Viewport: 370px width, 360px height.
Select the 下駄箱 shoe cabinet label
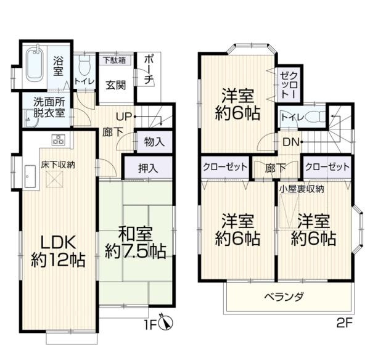[x=115, y=60]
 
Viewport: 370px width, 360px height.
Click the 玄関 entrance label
[x=116, y=85]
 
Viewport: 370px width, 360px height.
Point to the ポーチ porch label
[x=149, y=70]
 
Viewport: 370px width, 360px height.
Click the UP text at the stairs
[x=124, y=117]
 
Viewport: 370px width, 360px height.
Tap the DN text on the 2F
[x=290, y=142]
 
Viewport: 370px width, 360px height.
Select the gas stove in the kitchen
[x=59, y=139]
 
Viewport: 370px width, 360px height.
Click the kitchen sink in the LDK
[x=30, y=176]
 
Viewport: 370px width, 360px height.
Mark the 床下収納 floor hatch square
[x=55, y=179]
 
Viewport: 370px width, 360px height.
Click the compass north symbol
[x=166, y=322]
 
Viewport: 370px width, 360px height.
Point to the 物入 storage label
[x=154, y=142]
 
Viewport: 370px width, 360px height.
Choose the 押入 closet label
[x=148, y=168]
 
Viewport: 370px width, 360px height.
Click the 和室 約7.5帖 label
[x=136, y=242]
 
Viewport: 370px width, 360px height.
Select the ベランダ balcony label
[x=284, y=297]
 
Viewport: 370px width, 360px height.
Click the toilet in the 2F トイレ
[x=315, y=117]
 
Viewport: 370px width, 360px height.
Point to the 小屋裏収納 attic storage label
[x=302, y=189]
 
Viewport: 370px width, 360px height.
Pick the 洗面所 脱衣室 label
[x=49, y=107]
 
